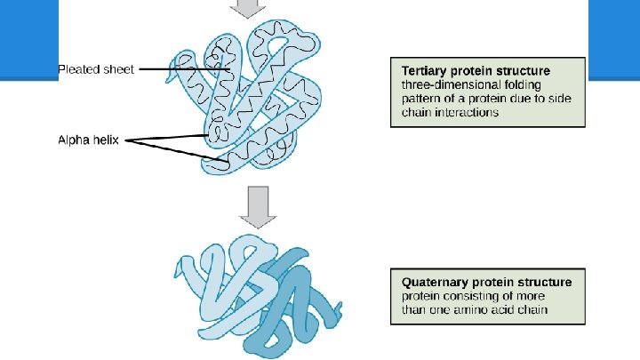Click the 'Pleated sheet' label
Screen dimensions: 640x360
(x=96, y=69)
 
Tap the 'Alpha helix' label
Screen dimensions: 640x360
(x=91, y=140)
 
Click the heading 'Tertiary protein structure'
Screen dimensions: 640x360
(x=476, y=70)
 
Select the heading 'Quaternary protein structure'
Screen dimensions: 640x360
(x=486, y=282)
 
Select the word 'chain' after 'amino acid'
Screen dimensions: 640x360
(x=533, y=309)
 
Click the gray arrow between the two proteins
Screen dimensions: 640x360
(x=256, y=204)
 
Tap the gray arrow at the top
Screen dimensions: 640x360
(x=247, y=8)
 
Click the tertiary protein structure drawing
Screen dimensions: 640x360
(x=252, y=98)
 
